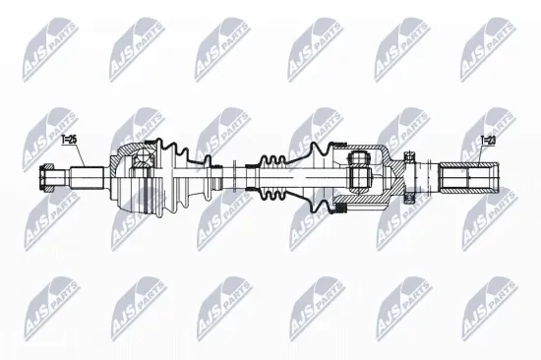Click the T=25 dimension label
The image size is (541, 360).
(x=68, y=140)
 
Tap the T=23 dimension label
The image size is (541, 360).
(x=488, y=141)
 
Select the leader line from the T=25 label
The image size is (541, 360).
(x=79, y=155)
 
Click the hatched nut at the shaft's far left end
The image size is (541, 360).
(x=46, y=178)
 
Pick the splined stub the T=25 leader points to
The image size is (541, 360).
(x=88, y=178)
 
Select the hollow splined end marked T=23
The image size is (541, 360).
(x=468, y=177)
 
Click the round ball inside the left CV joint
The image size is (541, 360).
(x=143, y=157)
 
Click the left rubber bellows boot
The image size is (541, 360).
(x=182, y=177)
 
